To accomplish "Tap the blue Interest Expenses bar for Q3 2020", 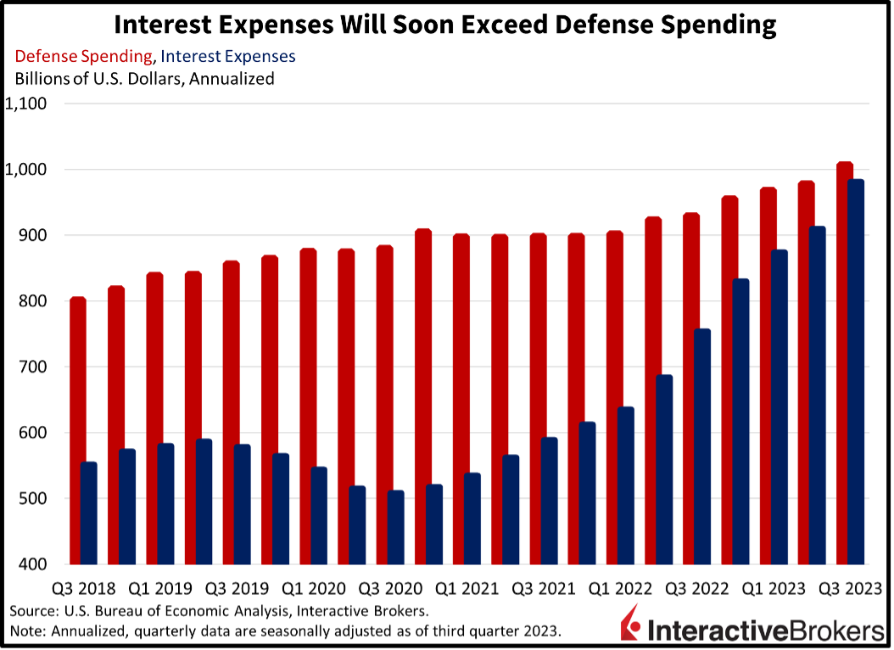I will tap(395, 527).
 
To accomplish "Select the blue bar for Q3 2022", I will tap(701, 446).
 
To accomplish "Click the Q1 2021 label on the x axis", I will tap(466, 588).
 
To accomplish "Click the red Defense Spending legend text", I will tap(84, 56).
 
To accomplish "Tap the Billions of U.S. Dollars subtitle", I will tap(144, 78).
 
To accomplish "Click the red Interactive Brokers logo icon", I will tap(630, 624).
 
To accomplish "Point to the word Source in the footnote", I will tap(33, 611).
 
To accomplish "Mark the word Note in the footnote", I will tap(27, 630).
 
